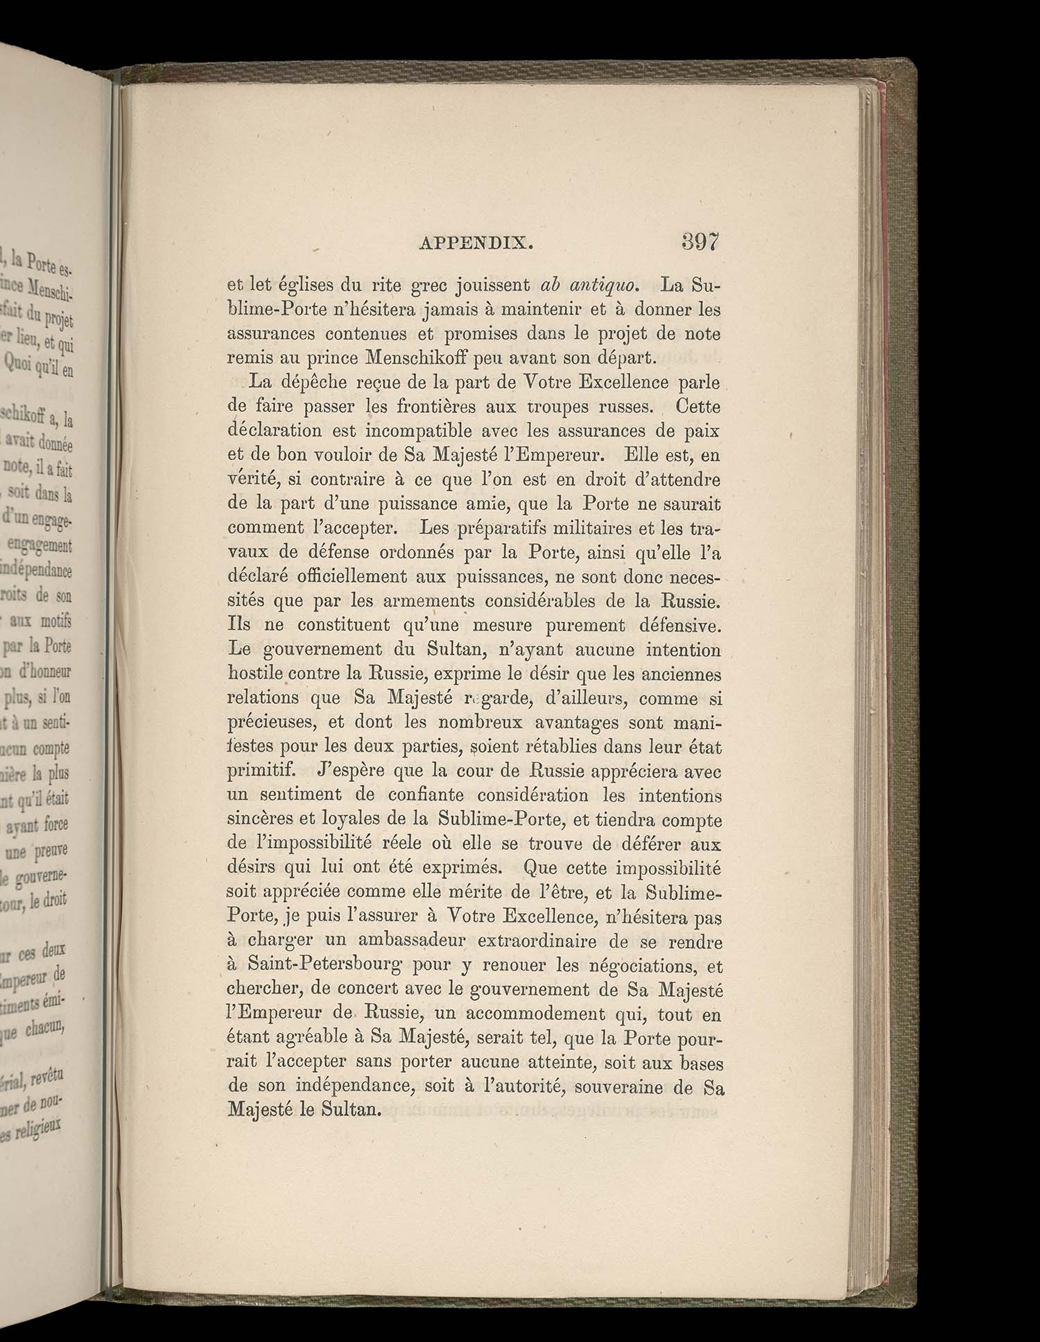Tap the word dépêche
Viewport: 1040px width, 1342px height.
(312, 382)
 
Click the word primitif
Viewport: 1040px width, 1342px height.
(256, 771)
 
